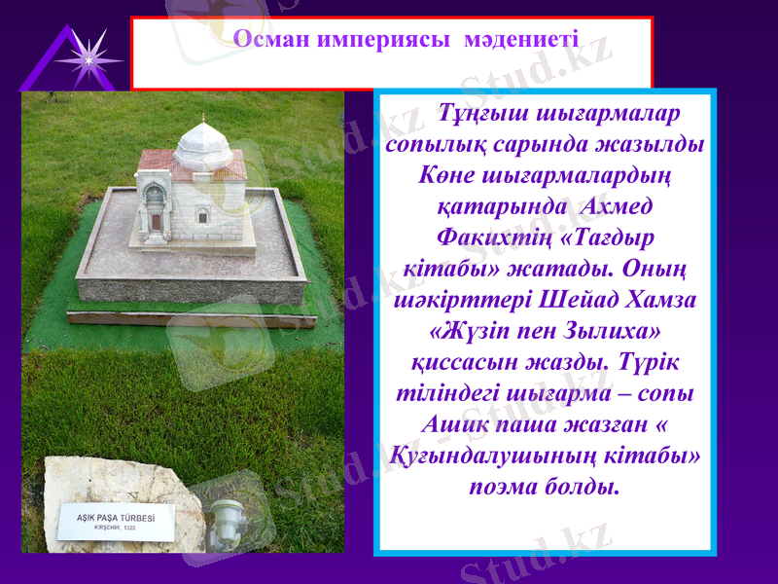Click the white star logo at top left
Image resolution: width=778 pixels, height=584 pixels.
coord(89,59)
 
